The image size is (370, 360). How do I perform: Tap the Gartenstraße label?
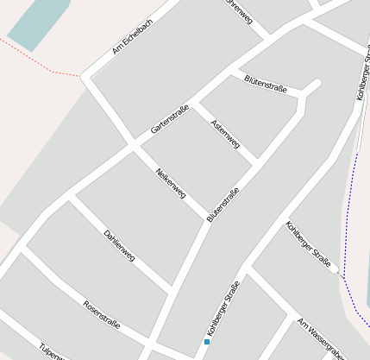169,118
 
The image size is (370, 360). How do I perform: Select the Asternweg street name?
225,134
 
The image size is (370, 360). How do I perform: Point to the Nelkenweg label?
170,182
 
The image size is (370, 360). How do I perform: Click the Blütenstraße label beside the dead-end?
266,83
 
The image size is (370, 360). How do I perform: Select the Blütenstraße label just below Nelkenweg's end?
223,205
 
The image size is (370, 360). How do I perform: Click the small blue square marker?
207,341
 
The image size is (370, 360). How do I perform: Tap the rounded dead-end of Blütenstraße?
315,85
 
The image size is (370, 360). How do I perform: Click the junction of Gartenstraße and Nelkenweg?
133,145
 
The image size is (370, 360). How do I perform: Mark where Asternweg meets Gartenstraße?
195,104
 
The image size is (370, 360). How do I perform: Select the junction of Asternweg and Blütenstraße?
256,161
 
